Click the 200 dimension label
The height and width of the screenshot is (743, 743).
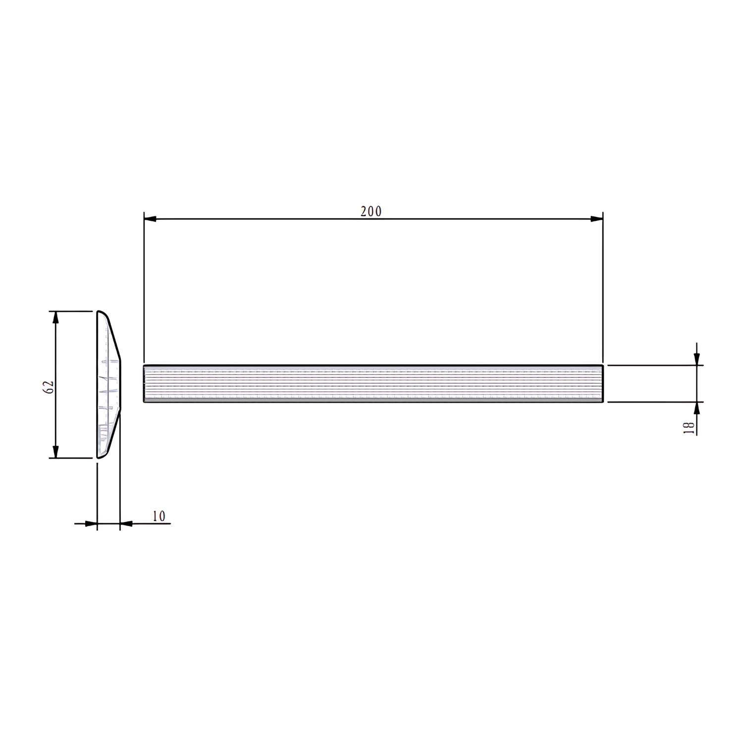[x=371, y=212]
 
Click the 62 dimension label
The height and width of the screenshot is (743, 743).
[x=49, y=387]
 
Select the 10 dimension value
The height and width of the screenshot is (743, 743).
[x=159, y=516]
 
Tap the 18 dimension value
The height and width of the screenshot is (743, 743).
[x=689, y=428]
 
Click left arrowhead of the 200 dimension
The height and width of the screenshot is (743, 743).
[x=150, y=218]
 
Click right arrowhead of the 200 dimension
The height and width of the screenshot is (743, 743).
[x=597, y=218]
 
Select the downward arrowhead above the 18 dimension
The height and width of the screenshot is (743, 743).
[x=697, y=360]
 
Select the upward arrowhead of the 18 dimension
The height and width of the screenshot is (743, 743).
[x=697, y=408]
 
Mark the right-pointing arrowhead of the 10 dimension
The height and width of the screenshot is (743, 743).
[x=91, y=523]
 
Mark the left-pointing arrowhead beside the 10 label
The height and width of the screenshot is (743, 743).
[x=126, y=523]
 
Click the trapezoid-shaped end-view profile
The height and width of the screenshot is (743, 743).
[x=107, y=384]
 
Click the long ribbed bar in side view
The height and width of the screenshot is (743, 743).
[x=373, y=383]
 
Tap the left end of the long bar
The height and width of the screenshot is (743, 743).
[x=145, y=383]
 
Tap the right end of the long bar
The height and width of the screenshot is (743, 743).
[x=602, y=383]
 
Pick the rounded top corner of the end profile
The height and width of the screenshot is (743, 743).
[x=101, y=313]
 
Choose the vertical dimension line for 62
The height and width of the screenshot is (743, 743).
[x=55, y=357]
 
